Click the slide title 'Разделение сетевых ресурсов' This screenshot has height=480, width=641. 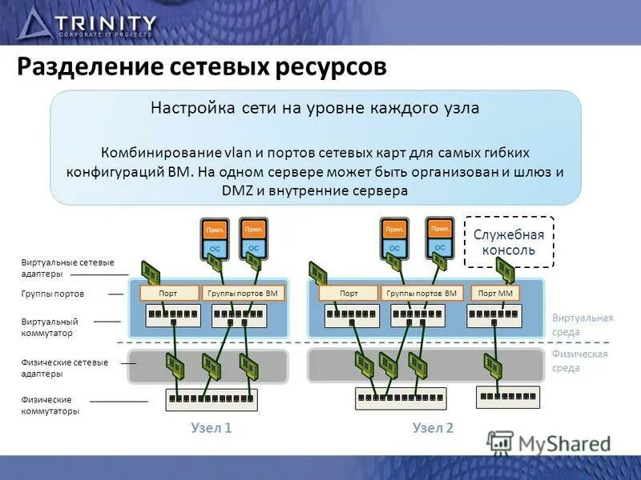(202, 67)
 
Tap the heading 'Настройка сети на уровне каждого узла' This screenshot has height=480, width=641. (315, 108)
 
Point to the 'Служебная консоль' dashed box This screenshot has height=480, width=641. (509, 242)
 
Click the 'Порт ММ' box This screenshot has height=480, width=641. (495, 294)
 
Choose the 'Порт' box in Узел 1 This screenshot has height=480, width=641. (168, 294)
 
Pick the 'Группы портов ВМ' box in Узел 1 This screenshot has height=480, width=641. (243, 294)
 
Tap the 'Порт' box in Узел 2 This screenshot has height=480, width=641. (349, 294)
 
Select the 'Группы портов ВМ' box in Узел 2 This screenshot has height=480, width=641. (421, 294)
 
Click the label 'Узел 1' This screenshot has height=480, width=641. (212, 428)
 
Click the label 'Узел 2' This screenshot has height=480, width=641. (433, 428)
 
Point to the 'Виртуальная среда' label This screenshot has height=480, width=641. (583, 324)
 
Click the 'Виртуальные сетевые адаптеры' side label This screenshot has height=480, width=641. (67, 268)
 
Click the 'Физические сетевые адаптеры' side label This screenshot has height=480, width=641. (64, 368)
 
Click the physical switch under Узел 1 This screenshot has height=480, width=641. (210, 398)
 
